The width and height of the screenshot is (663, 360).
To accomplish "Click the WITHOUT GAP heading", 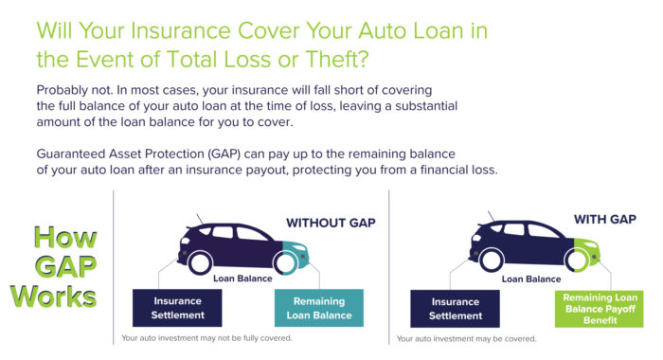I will click(x=331, y=224).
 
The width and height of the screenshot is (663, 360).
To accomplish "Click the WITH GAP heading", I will click(x=603, y=219).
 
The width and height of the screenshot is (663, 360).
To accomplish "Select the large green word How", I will click(x=57, y=239).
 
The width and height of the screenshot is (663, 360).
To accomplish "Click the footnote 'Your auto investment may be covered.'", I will click(x=466, y=338).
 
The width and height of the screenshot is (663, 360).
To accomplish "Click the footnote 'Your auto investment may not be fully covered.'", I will click(x=206, y=338).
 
